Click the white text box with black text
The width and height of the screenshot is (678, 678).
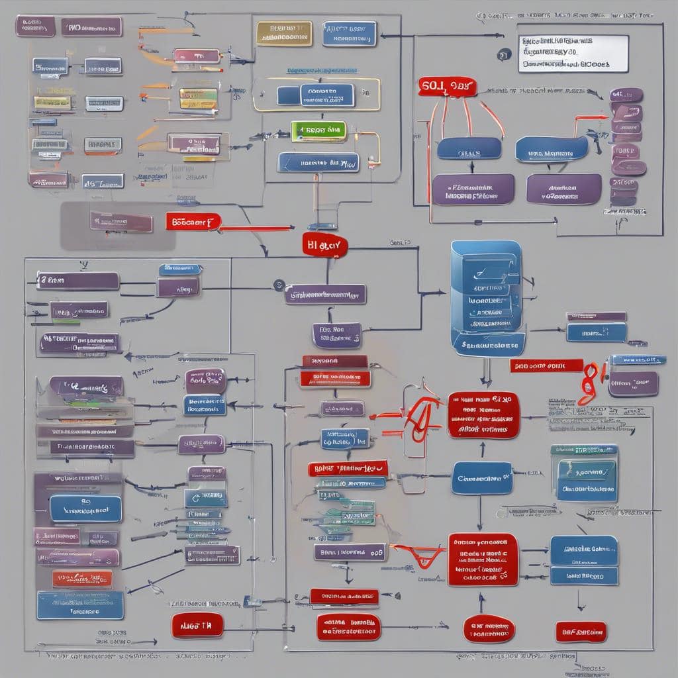573,53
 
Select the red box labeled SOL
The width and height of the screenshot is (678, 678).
447,86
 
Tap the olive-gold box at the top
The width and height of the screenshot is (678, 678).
284,34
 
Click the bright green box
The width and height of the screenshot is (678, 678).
318,130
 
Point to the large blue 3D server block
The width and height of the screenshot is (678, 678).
487,297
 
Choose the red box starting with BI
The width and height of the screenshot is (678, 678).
324,245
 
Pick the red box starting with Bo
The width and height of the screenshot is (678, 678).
193,222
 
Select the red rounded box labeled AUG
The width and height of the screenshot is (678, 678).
197,625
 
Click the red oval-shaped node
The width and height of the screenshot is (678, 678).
489,628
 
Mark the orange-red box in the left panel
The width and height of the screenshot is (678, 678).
82,579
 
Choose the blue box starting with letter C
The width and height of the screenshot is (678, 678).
482,477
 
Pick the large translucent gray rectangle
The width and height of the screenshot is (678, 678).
118,226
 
